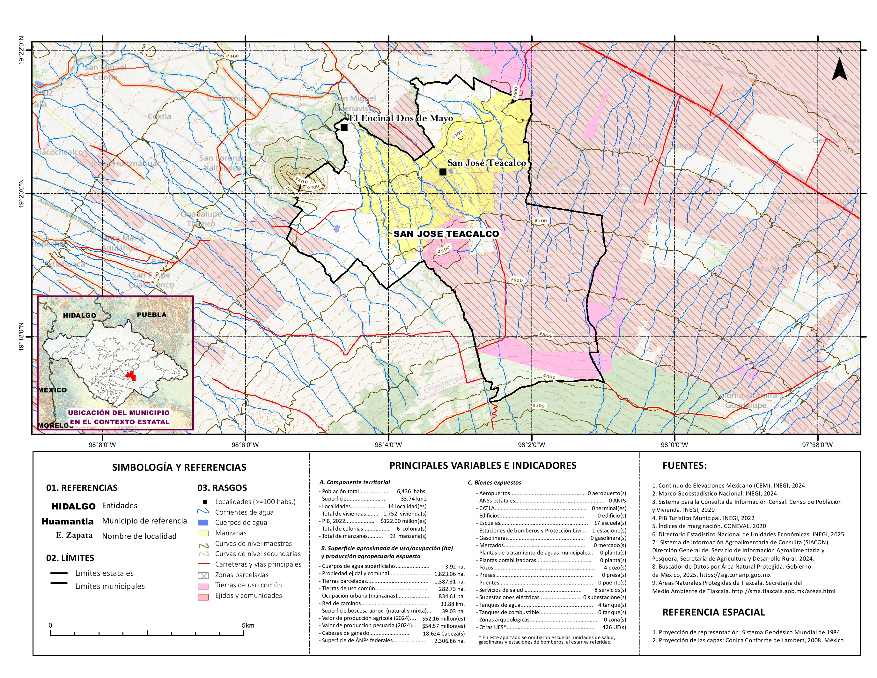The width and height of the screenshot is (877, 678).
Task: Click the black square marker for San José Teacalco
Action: click(443, 172)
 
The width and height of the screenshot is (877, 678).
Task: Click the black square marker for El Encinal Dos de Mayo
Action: click(344, 127)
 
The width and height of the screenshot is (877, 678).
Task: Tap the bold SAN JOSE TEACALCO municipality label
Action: click(446, 234)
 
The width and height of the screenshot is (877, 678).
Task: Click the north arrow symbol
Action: click(839, 69)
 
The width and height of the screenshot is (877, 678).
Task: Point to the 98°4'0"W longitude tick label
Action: click(388, 445)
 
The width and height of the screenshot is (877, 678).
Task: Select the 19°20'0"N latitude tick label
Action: click(21, 194)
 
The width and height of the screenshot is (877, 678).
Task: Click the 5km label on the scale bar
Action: click(248, 625)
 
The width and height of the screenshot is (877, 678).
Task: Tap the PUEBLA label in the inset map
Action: click(151, 315)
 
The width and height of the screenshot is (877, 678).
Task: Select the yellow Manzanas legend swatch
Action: click(203, 534)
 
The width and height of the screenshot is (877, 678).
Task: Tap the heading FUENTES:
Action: click(684, 466)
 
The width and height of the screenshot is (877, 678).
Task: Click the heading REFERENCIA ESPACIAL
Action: click(713, 612)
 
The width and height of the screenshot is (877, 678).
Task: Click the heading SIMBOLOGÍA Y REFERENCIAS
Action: click(179, 467)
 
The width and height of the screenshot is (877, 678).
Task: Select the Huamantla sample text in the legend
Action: click(68, 521)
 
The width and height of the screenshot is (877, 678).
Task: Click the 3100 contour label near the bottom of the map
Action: click(539, 406)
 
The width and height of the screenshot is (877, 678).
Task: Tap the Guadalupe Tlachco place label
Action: click(201, 219)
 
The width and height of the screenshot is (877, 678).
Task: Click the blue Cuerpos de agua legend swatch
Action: click(203, 523)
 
